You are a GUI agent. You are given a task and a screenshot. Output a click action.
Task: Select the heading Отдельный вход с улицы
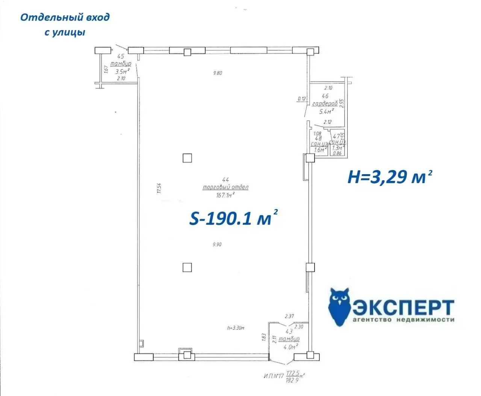tap(65, 24)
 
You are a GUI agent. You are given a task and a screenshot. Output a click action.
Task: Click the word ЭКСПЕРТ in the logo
tap(404, 308)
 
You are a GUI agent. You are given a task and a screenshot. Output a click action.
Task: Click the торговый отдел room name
tap(225, 187)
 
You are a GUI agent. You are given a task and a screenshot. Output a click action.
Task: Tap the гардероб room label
tap(325, 104)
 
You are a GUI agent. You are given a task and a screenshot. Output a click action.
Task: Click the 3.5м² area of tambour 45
tap(123, 71)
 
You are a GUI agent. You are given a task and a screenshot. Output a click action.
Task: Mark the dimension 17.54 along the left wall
tap(159, 188)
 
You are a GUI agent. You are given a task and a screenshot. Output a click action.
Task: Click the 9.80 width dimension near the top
tap(217, 73)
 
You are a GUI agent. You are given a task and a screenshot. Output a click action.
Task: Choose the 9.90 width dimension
tap(217, 244)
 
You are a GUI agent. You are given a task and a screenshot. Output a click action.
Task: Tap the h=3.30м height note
tap(236, 328)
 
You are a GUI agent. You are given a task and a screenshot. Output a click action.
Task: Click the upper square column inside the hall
tap(187, 158)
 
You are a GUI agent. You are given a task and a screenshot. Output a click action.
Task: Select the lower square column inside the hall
tap(187, 267)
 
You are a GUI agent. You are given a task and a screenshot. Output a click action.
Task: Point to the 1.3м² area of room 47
tap(337, 148)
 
